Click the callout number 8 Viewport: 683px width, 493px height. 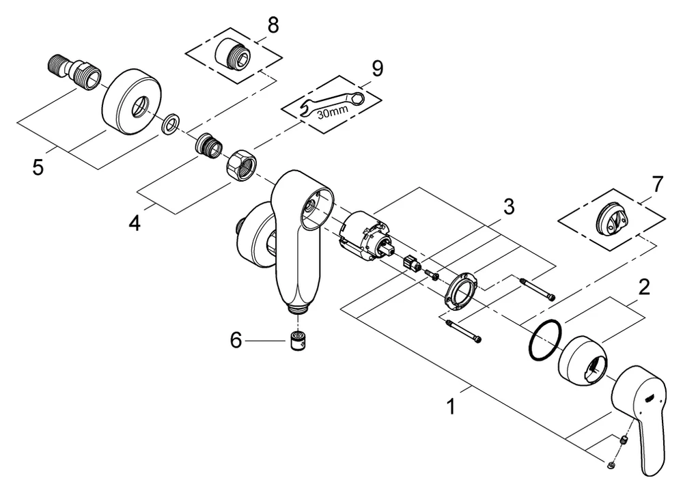(273, 25)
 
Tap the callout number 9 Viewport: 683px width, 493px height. (377, 68)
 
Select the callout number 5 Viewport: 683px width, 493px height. (38, 167)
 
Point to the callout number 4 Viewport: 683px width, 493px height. (135, 223)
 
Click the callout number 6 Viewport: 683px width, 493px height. (236, 339)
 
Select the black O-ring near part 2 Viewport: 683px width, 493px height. (545, 341)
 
